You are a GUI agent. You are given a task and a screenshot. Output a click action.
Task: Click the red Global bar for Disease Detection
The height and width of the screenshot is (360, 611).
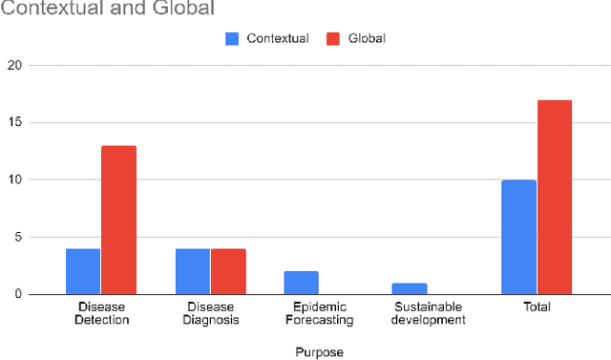(118, 220)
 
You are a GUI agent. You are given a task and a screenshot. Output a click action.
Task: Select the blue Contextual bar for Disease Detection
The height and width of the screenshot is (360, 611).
(83, 271)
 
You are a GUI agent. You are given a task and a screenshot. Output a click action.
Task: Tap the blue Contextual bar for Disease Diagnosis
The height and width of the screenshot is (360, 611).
(192, 271)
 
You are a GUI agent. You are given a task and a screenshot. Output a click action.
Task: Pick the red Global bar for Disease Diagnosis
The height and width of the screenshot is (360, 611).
(227, 271)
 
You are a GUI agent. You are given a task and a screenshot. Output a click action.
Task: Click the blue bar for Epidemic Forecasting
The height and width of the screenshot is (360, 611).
(301, 283)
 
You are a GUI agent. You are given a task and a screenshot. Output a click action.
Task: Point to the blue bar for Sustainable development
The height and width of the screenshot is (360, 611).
(410, 288)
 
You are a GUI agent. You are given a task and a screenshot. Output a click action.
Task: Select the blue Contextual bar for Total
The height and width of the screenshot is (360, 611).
(518, 237)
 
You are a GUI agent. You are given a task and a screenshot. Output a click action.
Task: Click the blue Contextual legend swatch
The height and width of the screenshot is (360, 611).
(233, 38)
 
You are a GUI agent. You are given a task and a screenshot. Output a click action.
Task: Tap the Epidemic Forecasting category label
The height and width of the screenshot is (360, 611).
(318, 313)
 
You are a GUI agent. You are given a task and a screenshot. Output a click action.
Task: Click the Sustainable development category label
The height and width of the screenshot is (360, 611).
(427, 313)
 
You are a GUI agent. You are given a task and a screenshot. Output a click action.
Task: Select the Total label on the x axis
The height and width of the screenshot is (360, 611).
(536, 307)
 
